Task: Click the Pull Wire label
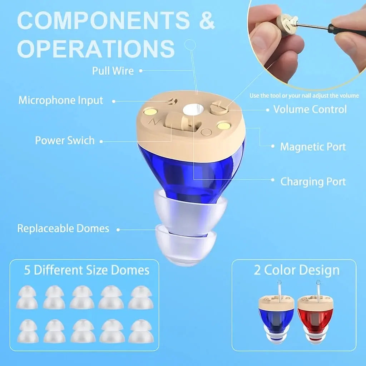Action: click(113, 71)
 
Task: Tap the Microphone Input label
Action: click(61, 100)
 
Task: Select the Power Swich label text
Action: click(65, 140)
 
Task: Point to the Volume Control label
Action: click(310, 109)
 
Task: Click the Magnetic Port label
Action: click(313, 147)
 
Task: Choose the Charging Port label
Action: click(313, 182)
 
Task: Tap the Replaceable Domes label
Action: click(63, 228)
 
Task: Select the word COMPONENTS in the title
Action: click(104, 20)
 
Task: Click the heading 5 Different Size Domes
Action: click(86, 270)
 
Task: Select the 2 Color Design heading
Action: click(297, 270)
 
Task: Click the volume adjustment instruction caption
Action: click(304, 95)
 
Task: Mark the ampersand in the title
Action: click(206, 20)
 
